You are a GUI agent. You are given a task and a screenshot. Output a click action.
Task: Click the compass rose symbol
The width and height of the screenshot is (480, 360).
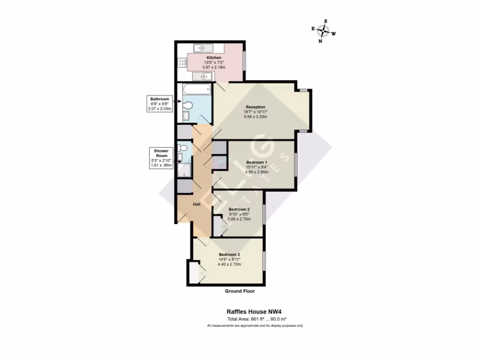click(323, 31)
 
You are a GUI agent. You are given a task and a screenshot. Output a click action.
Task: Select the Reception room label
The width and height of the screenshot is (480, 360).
click(255, 107)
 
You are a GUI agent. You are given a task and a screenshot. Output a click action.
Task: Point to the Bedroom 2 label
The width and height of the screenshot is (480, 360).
click(239, 209)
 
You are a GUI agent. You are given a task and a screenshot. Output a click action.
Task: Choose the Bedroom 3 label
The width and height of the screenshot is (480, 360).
click(229, 255)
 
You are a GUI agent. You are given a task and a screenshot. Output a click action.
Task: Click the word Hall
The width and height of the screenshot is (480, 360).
click(197, 204)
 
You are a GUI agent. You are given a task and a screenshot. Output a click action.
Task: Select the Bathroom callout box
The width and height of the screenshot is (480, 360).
click(159, 104)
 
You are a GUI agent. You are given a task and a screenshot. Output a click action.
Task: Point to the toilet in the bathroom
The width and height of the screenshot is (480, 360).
click(188, 105)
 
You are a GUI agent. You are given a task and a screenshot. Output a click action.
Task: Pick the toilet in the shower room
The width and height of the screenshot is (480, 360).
click(183, 148)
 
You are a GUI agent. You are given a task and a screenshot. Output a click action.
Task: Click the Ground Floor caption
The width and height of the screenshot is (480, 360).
click(240, 291)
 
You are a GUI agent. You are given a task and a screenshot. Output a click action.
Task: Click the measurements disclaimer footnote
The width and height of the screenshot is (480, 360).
click(255, 325)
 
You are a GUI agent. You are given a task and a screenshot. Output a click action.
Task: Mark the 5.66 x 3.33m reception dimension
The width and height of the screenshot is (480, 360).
click(255, 117)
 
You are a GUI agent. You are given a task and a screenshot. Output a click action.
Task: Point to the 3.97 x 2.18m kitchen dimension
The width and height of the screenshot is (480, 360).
click(214, 67)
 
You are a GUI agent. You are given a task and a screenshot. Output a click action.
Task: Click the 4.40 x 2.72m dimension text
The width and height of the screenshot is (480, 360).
click(229, 264)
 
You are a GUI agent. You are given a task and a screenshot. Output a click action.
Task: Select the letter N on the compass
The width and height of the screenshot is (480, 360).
click(320, 41)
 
